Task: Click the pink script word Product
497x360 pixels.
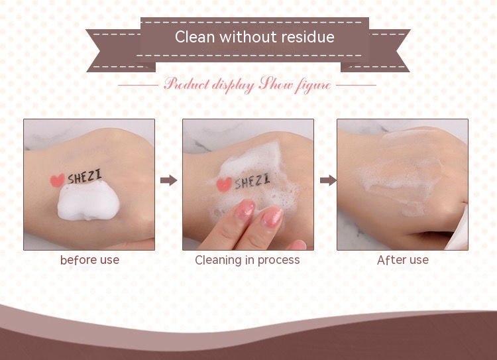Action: point(186,85)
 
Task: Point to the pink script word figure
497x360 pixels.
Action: point(311,86)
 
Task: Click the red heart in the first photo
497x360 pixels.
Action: point(58,179)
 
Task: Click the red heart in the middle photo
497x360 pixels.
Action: point(224,184)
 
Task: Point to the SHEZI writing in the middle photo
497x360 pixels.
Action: point(250,180)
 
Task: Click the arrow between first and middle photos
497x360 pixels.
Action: point(169,180)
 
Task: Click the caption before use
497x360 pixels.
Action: point(89,260)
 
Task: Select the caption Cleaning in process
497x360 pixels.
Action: point(247,260)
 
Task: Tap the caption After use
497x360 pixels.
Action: point(402,260)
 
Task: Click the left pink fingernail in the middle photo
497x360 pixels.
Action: point(245,210)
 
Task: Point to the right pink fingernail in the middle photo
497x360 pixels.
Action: point(272,216)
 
